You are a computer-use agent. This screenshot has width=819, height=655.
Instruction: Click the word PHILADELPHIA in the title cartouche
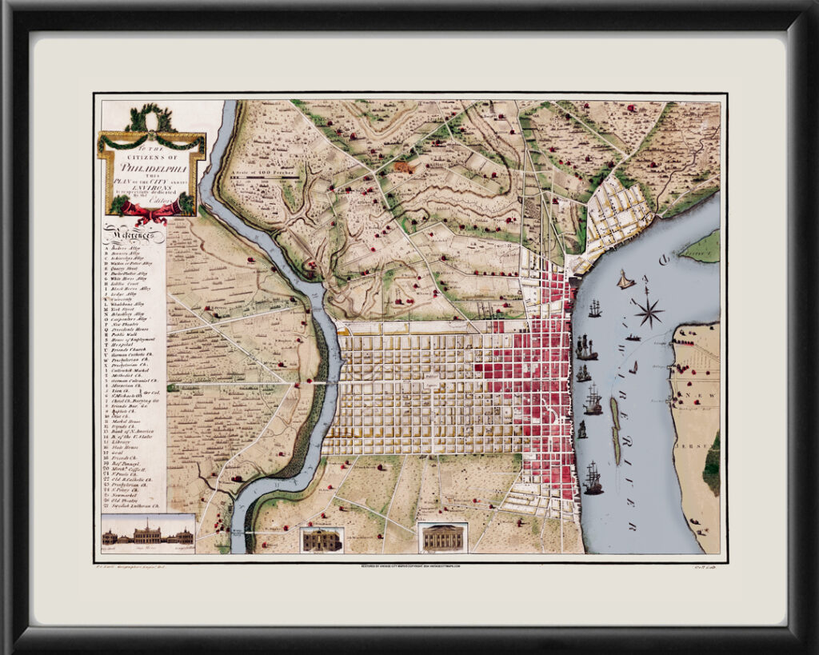coord(152,168)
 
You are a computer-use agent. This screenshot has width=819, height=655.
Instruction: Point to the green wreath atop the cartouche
coord(151,119)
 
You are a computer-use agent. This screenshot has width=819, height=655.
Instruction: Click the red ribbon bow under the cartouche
coord(151,212)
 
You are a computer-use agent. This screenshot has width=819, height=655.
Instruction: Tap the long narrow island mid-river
coord(615,429)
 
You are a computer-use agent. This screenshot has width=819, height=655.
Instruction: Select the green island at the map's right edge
coord(702,246)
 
